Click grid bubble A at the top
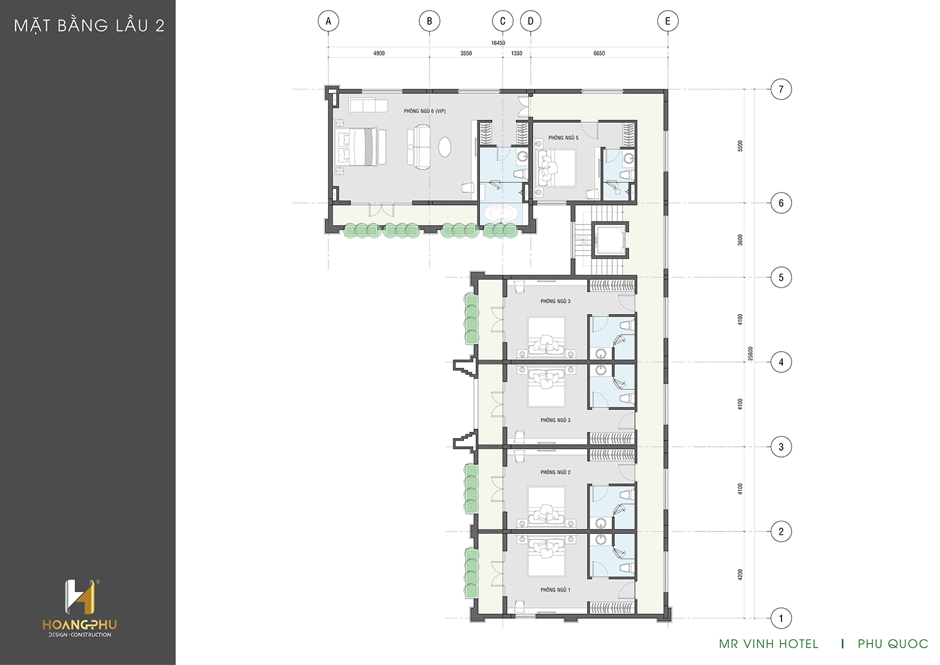click(x=328, y=21)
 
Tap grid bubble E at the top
click(x=667, y=21)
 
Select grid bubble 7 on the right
click(x=781, y=90)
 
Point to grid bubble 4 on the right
click(x=781, y=362)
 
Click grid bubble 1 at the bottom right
click(x=781, y=618)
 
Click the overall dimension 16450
click(x=498, y=43)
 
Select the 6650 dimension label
click(x=599, y=53)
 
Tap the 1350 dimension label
click(x=516, y=53)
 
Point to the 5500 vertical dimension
click(x=740, y=146)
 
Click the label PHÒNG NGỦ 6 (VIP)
click(x=425, y=112)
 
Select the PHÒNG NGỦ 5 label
click(x=563, y=138)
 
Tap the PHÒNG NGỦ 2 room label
click(x=555, y=473)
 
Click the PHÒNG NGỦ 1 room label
click(x=555, y=590)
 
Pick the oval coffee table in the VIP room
click(x=445, y=147)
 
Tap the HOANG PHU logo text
click(x=80, y=625)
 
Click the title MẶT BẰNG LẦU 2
click(x=89, y=26)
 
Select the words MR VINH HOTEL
click(x=768, y=644)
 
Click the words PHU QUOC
click(x=892, y=644)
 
